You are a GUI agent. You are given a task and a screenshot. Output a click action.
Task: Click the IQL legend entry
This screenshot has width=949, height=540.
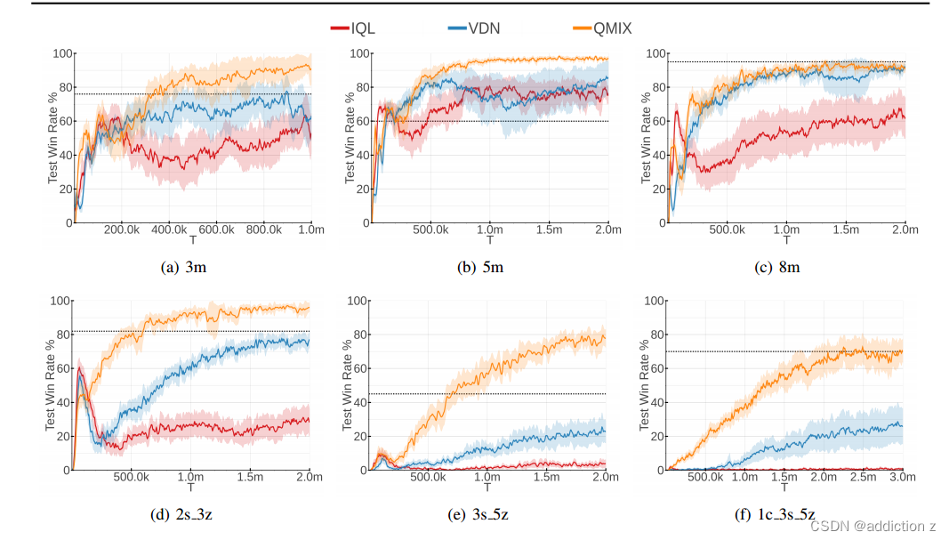coord(353,28)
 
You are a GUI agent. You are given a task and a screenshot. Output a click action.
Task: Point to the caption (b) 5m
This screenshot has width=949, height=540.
coord(489,266)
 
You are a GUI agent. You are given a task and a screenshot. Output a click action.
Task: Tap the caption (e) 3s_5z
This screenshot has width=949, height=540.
coord(489,513)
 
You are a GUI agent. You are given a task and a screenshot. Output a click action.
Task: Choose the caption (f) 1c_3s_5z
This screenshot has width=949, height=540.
coord(785,513)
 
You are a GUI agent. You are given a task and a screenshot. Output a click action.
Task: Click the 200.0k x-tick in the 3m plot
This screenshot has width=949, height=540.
coord(122,230)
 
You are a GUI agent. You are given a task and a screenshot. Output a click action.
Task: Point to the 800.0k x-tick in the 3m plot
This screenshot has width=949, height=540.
coord(263,230)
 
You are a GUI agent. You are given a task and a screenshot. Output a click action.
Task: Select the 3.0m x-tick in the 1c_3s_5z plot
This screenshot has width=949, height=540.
coord(903,477)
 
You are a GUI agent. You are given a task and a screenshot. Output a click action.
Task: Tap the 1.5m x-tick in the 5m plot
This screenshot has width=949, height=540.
coord(549,230)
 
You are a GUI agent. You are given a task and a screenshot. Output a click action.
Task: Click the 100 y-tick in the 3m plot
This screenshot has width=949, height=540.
coord(61,53)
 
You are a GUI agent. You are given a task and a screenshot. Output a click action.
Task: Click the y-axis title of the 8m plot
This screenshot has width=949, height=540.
coord(647,138)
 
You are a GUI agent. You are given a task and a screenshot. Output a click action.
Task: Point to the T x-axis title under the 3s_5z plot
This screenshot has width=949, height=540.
coord(488,488)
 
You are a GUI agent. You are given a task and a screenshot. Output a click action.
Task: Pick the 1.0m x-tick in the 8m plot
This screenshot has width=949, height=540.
coord(786,230)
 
